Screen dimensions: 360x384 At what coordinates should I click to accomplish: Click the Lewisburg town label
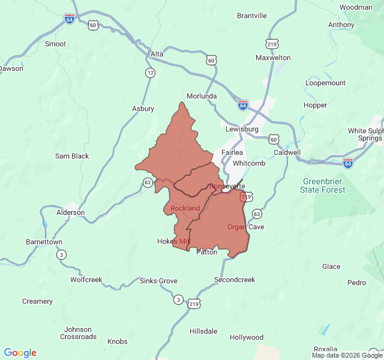pyautogui.click(x=242, y=129)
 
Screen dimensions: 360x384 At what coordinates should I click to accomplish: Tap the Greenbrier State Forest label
pyautogui.click(x=323, y=185)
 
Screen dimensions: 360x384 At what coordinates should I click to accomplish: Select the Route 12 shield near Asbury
pyautogui.click(x=149, y=73)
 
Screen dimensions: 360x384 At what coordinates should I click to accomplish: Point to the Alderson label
pyautogui.click(x=70, y=212)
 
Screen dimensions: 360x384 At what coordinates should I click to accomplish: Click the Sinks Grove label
pyautogui.click(x=158, y=281)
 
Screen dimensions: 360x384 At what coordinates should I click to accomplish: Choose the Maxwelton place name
pyautogui.click(x=273, y=58)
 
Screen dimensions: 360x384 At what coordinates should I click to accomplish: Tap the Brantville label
pyautogui.click(x=252, y=16)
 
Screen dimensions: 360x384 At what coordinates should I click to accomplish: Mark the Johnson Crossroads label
pyautogui.click(x=78, y=333)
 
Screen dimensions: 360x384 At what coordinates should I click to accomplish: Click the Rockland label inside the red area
pyautogui.click(x=185, y=208)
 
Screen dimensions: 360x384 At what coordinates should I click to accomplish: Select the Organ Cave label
pyautogui.click(x=245, y=227)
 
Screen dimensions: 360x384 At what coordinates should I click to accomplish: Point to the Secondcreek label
pyautogui.click(x=235, y=280)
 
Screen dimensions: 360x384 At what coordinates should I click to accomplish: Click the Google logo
pyautogui.click(x=20, y=353)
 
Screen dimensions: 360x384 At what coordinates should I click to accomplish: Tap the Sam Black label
pyautogui.click(x=72, y=156)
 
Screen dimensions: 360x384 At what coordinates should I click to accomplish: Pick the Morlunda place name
pyautogui.click(x=202, y=96)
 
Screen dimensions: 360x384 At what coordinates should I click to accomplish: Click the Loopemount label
pyautogui.click(x=325, y=83)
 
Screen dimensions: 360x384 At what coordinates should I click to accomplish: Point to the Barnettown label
pyautogui.click(x=44, y=242)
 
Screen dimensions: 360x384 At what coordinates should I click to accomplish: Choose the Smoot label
pyautogui.click(x=55, y=44)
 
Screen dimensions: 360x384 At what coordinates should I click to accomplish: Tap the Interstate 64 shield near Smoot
pyautogui.click(x=70, y=19)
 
